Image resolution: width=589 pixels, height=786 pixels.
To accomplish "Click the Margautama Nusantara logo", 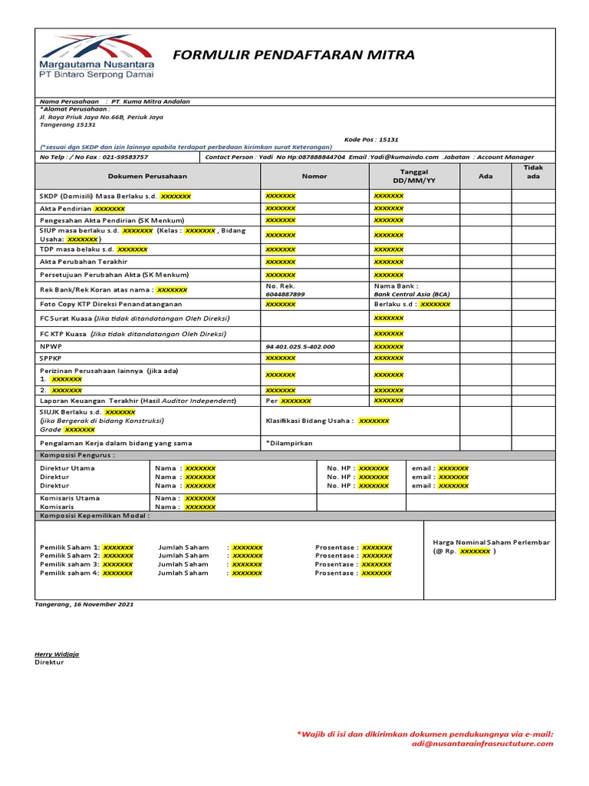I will pyautogui.click(x=96, y=57).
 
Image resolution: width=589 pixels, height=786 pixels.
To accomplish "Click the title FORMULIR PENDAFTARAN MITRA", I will pyautogui.click(x=294, y=55).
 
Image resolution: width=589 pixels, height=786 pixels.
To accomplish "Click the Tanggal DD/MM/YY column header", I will pyautogui.click(x=414, y=176).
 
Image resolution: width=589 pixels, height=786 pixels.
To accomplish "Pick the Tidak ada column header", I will pyautogui.click(x=533, y=172).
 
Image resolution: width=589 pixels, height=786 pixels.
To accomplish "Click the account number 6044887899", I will pyautogui.click(x=285, y=294).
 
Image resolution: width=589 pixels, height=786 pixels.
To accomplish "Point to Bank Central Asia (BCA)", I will pyautogui.click(x=412, y=294).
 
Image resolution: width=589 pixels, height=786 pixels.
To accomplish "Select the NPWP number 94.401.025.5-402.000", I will pyautogui.click(x=300, y=346).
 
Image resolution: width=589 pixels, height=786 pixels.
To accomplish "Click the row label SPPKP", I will pyautogui.click(x=51, y=358).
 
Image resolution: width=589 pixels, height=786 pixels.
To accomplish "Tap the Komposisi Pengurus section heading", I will pyautogui.click(x=77, y=455).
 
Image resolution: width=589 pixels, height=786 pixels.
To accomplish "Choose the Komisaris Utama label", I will pyautogui.click(x=69, y=498).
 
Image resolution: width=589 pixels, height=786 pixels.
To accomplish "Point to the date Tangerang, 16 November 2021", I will pyautogui.click(x=84, y=604).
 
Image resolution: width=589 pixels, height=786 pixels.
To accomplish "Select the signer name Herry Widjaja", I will pyautogui.click(x=57, y=654).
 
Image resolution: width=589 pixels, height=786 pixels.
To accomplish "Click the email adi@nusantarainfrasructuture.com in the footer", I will pyautogui.click(x=482, y=743).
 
